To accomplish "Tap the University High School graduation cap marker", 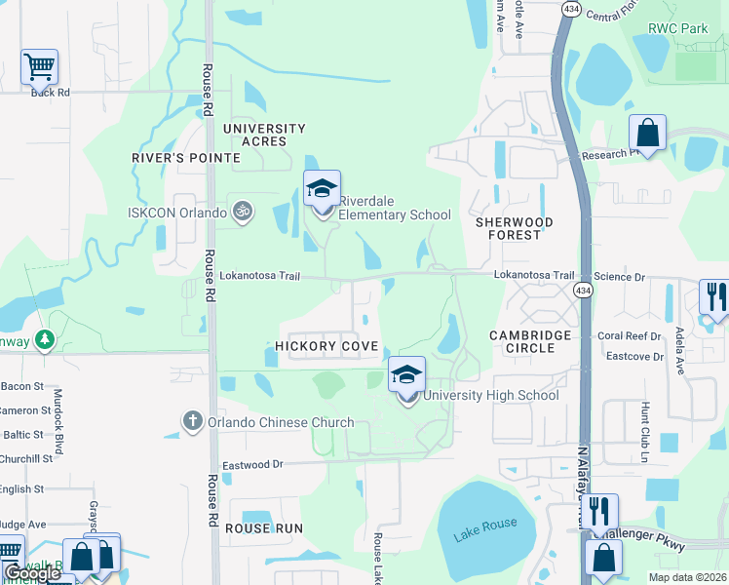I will coord(407,374).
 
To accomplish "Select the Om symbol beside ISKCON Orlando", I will coord(243,211).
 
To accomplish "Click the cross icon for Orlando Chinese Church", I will coord(193,421).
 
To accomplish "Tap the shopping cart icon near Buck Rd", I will coord(39,67).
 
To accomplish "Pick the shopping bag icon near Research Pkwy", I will coord(647,132).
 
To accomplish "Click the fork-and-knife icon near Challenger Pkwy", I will coord(599,510).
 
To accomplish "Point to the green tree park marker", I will coord(44,339).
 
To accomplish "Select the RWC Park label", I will coord(678,29).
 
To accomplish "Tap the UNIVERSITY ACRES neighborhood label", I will coord(264,135).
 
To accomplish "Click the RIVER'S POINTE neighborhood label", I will coord(186,158).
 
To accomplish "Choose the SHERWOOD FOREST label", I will coord(514,228).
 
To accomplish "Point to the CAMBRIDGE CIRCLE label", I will coord(530,341).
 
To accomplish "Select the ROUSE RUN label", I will coord(264,527).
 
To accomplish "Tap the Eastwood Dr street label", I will coord(252,466).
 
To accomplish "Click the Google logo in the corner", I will coord(32,573).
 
